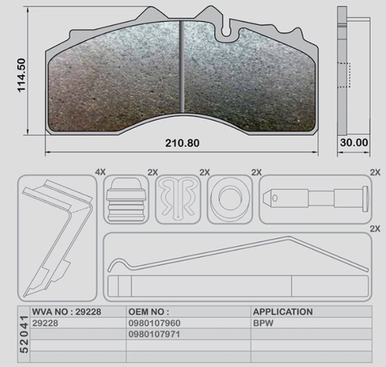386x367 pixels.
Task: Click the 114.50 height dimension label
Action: pos(21,75)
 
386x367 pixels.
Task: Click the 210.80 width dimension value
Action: pos(182,143)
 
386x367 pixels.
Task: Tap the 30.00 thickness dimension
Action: pos(354,142)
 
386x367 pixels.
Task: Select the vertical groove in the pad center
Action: pos(182,66)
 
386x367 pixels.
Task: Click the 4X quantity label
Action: pos(100,172)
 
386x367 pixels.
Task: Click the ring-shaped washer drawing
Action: pos(229,199)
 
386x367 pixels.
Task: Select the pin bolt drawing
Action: pos(316,198)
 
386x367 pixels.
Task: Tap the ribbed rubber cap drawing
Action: pos(126,200)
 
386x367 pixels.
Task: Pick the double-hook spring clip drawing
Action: pos(178,199)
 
